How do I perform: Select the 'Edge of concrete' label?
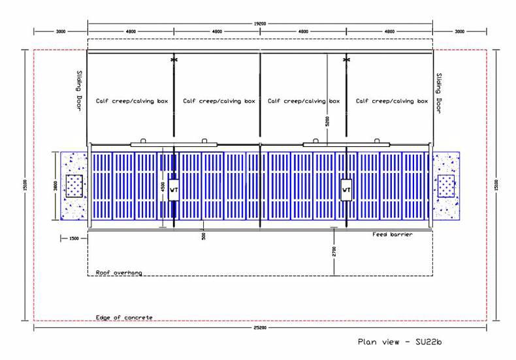[124, 317]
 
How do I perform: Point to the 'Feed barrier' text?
[393, 234]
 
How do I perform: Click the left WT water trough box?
[173, 190]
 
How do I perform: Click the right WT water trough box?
[346, 190]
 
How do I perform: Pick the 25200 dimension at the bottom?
[260, 328]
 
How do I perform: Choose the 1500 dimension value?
[73, 238]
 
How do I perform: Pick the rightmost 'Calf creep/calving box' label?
[392, 101]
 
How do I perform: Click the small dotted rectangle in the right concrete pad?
[447, 186]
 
